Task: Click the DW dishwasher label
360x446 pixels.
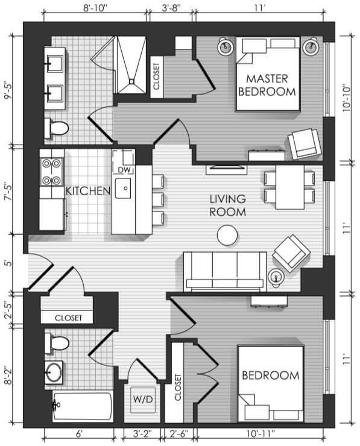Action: tap(124, 170)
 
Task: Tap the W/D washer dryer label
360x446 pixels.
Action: tap(143, 399)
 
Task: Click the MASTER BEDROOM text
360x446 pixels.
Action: tap(267, 86)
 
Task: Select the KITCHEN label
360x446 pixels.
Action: tap(88, 191)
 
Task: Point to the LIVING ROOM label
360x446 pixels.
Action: tap(228, 206)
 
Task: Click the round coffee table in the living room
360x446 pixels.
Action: tap(227, 235)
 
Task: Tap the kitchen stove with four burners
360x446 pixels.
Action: tap(51, 172)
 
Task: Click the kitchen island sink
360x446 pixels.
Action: tap(123, 188)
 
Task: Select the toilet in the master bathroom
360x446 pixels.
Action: tap(57, 128)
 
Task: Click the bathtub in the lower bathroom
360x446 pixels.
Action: tap(82, 406)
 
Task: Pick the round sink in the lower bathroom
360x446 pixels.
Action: tap(54, 372)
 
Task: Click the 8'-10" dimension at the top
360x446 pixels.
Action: tap(95, 8)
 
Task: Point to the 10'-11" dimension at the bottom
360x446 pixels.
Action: tap(261, 434)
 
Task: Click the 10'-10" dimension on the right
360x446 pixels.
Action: tap(347, 98)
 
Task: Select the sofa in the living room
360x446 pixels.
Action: tap(225, 272)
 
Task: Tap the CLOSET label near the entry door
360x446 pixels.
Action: tap(68, 318)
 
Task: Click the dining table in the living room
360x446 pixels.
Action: tap(289, 187)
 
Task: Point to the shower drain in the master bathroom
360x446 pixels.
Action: tap(131, 81)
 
